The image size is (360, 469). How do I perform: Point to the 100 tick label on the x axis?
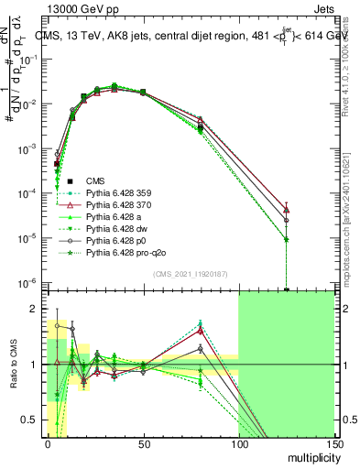point(238,444)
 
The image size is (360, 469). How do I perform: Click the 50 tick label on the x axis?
point(144,444)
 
